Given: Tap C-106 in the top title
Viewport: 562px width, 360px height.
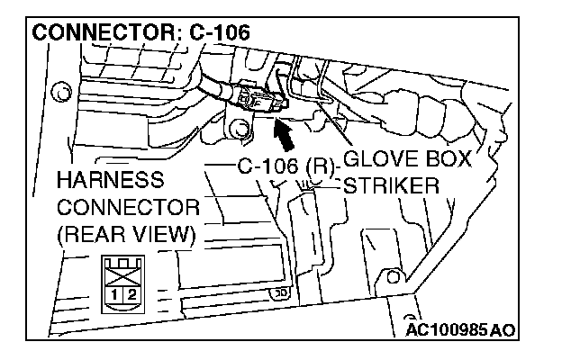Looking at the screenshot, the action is pos(218,33).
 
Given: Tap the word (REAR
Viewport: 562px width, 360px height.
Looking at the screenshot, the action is pos(88,236).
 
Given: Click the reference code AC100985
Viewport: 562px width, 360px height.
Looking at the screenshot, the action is pos(446,329).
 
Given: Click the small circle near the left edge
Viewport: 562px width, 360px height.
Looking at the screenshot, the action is pos(60,90).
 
